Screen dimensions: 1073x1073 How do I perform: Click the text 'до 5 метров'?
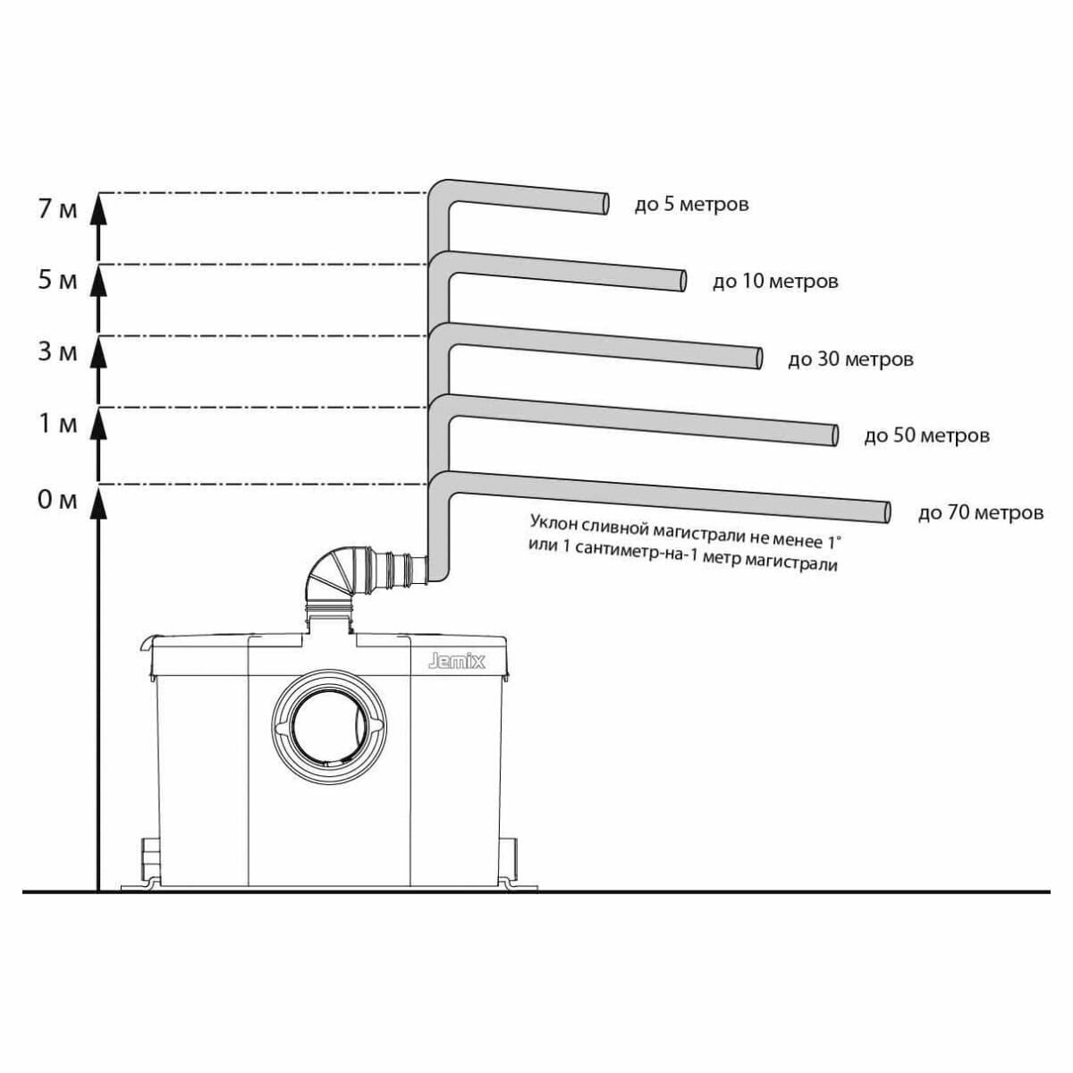pos(691,205)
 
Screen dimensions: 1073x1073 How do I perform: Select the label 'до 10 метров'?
pos(775,282)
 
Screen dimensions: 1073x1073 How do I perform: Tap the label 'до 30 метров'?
pos(850,359)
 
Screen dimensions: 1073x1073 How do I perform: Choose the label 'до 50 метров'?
pos(926,436)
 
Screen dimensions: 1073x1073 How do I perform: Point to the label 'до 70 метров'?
pos(980,513)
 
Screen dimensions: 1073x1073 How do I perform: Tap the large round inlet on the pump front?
pos(330,722)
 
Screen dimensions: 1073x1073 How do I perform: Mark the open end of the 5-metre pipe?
pos(605,204)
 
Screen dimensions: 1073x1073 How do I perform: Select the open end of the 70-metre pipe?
pos(886,512)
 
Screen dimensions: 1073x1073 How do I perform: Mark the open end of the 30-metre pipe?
pos(758,358)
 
